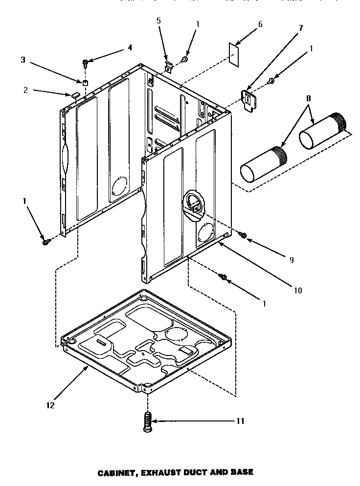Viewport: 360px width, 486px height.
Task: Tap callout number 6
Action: click(260, 24)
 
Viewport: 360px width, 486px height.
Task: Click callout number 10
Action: click(298, 290)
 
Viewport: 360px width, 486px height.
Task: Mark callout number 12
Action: click(50, 405)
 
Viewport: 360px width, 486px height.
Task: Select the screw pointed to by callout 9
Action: click(242, 236)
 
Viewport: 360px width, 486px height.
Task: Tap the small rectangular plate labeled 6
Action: click(235, 52)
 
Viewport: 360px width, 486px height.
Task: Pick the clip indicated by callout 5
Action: click(168, 65)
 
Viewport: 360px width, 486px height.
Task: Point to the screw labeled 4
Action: click(86, 63)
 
